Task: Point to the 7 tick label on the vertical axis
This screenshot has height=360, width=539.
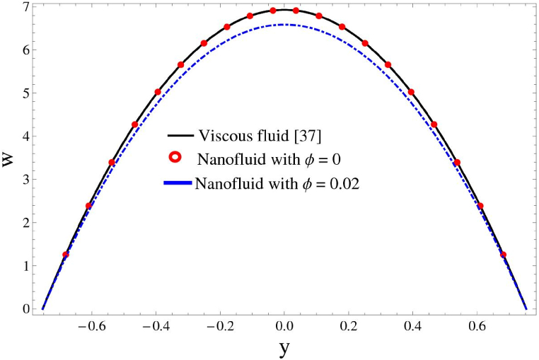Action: tap(25, 7)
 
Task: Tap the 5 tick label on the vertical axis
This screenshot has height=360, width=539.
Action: tap(25, 93)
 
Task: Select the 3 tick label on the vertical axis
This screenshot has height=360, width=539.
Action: tap(25, 180)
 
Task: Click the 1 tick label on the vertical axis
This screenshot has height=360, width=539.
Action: tap(25, 266)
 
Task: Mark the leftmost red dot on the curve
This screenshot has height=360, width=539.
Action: tap(66, 255)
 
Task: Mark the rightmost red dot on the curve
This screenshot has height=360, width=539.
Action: tap(504, 255)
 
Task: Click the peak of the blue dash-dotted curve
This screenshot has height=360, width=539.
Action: tap(284, 25)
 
